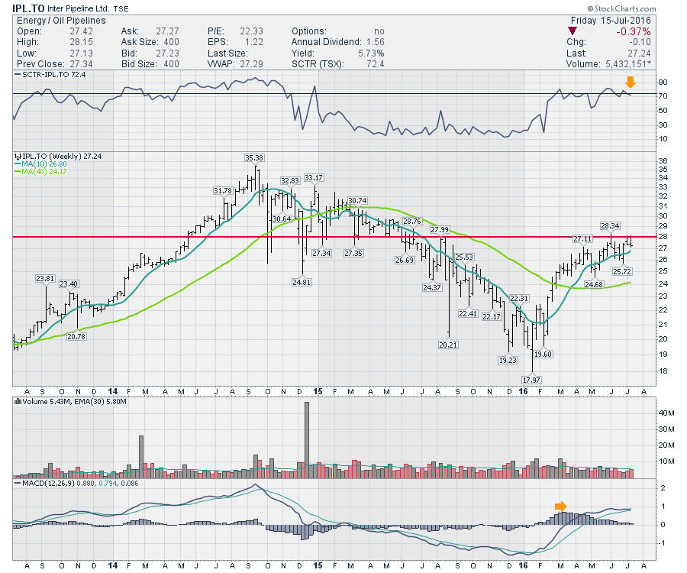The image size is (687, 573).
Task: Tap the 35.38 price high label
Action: pyautogui.click(x=254, y=157)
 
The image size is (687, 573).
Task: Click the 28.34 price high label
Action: pyautogui.click(x=610, y=225)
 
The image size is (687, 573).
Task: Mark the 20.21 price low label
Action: pyautogui.click(x=448, y=345)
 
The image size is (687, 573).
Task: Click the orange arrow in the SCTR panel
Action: pyautogui.click(x=630, y=82)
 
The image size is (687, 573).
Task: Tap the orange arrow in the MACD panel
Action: pyautogui.click(x=560, y=506)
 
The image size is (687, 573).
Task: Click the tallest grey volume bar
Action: pyautogui.click(x=307, y=439)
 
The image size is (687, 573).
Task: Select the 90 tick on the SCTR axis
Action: pyautogui.click(x=642, y=82)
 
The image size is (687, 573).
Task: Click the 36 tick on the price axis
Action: pyautogui.click(x=642, y=160)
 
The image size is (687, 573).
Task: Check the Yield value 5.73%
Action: pyautogui.click(x=369, y=53)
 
